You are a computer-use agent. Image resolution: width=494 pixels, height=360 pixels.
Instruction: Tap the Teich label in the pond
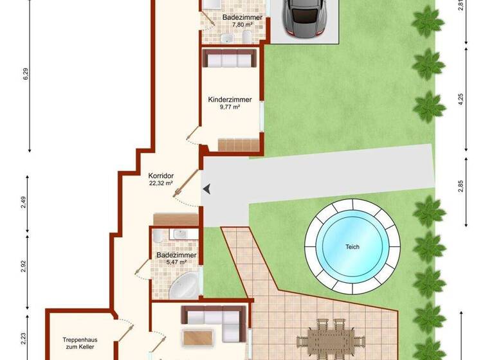point(352,247)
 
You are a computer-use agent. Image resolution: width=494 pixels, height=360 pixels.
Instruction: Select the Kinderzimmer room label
point(230,100)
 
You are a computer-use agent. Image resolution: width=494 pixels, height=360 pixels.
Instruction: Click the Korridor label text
point(161,175)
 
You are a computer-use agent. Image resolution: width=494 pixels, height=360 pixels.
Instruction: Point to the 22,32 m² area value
point(161,183)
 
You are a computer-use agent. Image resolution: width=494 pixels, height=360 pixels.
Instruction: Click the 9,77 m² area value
point(229,108)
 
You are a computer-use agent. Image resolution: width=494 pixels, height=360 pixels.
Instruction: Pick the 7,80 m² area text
point(237,25)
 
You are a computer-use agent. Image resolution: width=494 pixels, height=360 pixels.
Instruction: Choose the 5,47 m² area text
point(172,262)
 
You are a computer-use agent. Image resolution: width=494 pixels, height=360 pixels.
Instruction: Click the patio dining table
point(330,339)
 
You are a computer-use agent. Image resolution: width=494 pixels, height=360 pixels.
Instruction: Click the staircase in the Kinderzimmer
point(239,144)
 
